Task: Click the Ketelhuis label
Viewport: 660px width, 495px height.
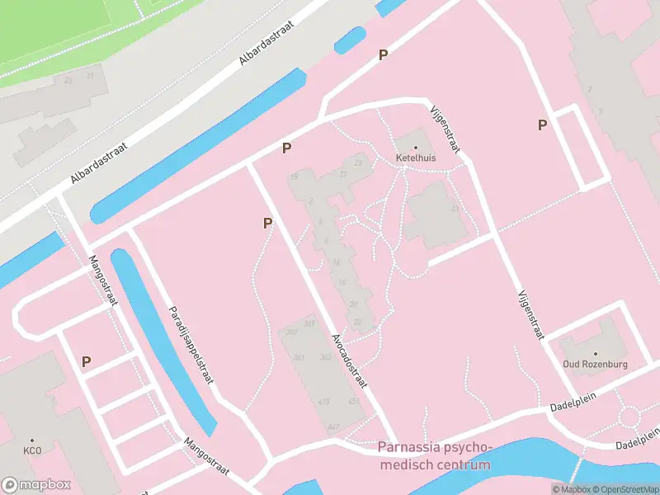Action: pyautogui.click(x=416, y=158)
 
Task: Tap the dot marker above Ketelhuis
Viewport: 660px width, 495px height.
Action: pyautogui.click(x=416, y=147)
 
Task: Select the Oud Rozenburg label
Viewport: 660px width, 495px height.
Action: pyautogui.click(x=596, y=364)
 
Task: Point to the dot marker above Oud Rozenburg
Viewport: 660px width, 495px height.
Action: pyautogui.click(x=596, y=354)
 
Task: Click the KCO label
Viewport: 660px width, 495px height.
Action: pyautogui.click(x=32, y=451)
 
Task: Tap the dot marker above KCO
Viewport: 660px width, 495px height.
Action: pyautogui.click(x=32, y=441)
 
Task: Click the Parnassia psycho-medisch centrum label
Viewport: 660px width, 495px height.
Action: pyautogui.click(x=435, y=456)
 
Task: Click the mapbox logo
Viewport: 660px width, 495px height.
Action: pyautogui.click(x=36, y=485)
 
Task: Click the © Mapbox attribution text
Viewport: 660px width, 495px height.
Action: pyautogui.click(x=571, y=489)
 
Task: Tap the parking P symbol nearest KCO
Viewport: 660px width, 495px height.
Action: pyautogui.click(x=86, y=361)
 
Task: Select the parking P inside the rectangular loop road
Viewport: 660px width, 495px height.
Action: pyautogui.click(x=542, y=125)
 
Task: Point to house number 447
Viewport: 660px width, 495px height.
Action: pyautogui.click(x=333, y=427)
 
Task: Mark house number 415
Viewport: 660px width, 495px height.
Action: pyautogui.click(x=324, y=402)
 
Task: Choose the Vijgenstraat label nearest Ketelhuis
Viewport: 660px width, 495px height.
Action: pyautogui.click(x=445, y=129)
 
